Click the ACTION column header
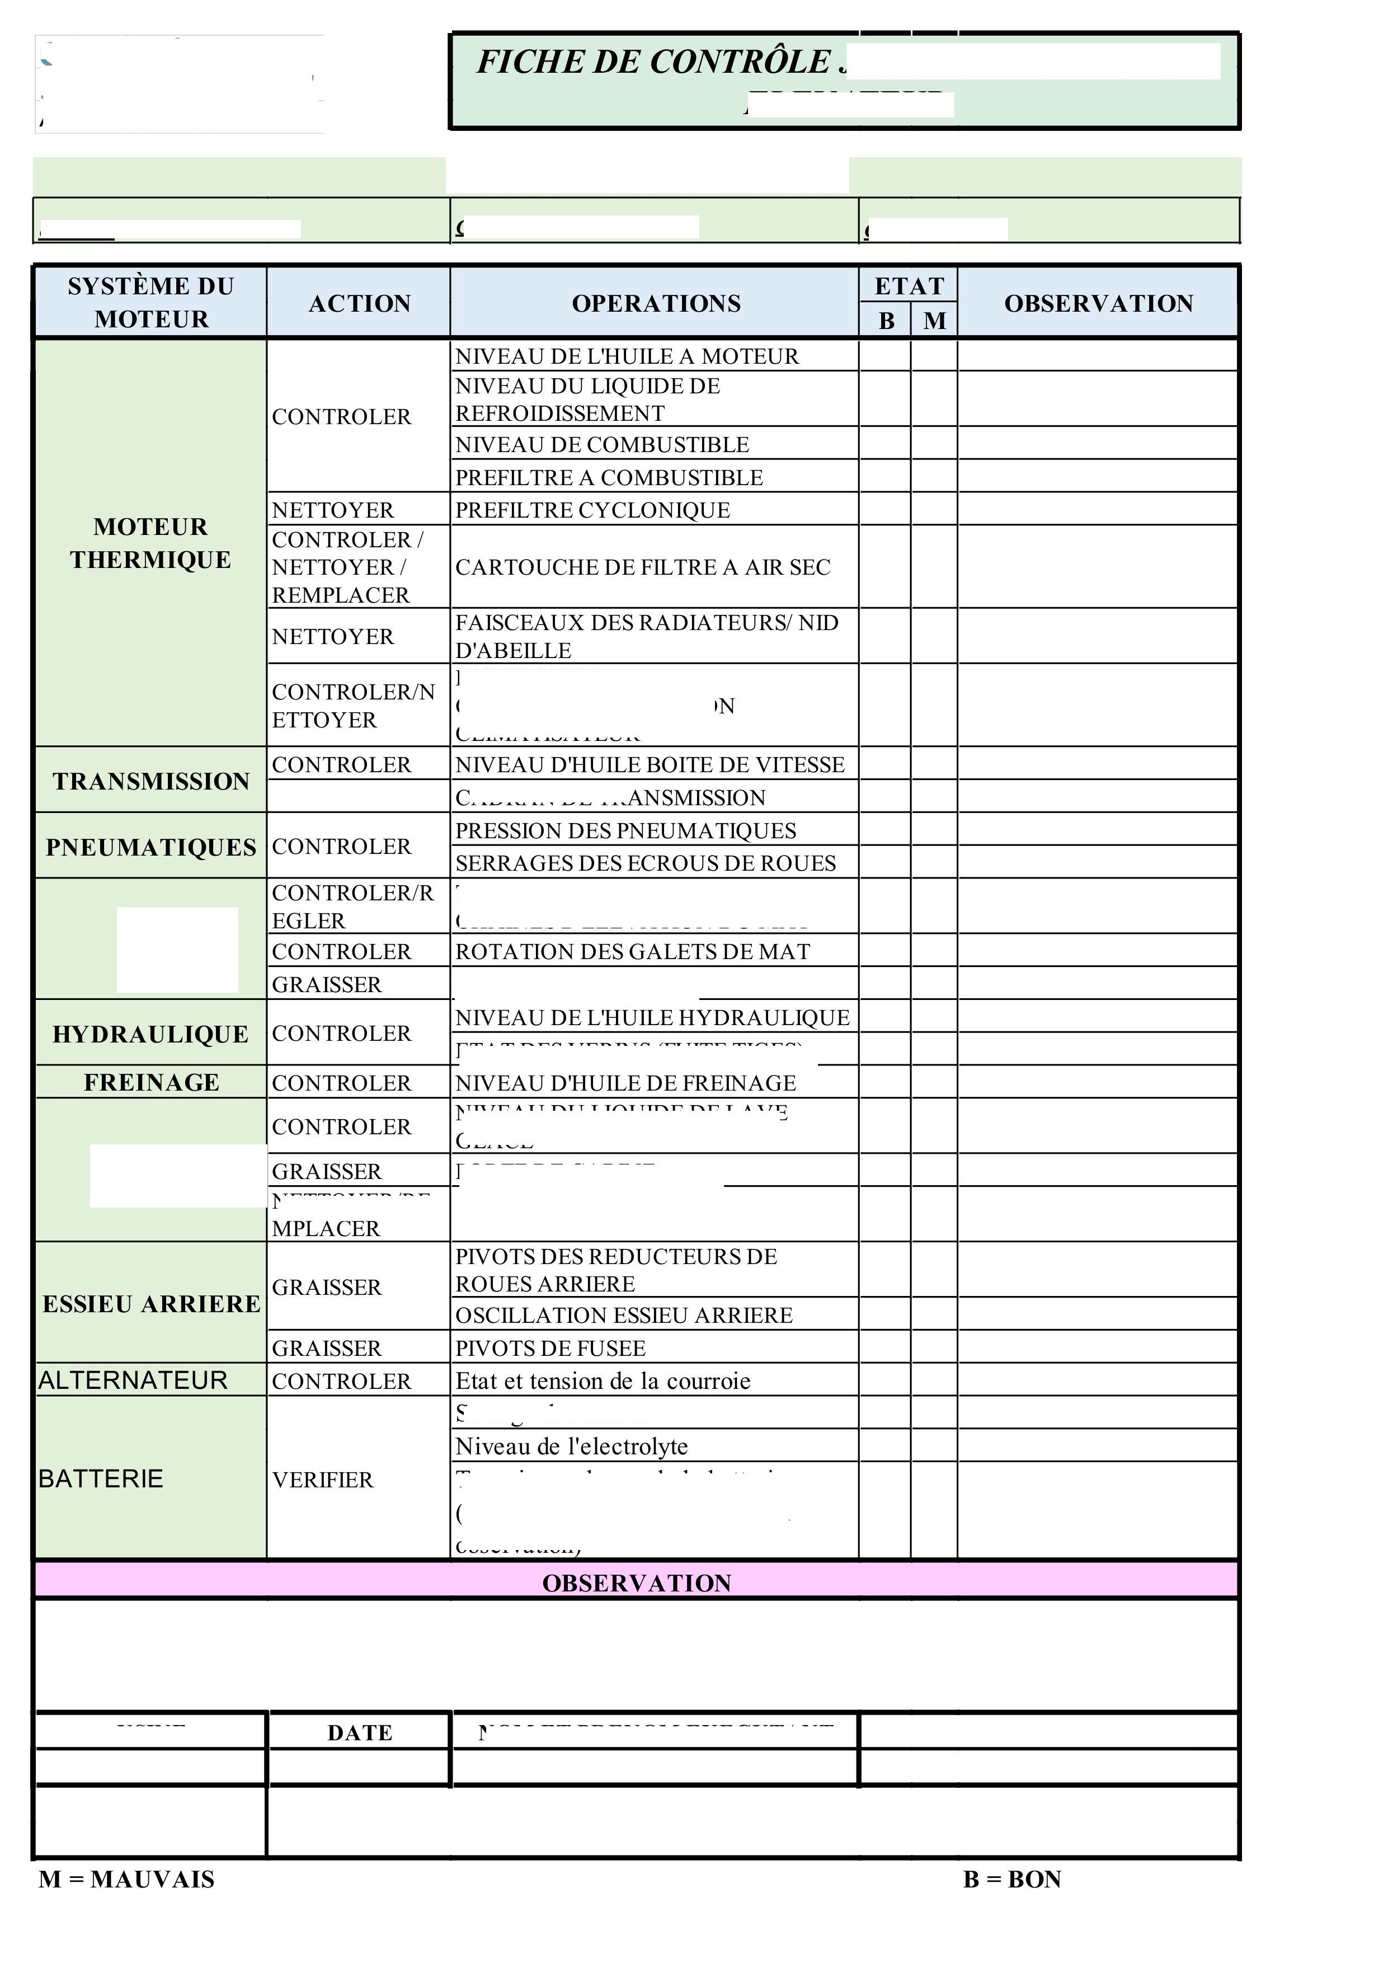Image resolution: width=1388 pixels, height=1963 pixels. click(x=359, y=303)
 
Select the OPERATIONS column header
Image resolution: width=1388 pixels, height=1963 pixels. click(x=656, y=303)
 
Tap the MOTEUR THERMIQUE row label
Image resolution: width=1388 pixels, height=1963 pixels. click(x=150, y=543)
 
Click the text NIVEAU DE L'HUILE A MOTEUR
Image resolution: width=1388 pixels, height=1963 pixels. click(x=627, y=356)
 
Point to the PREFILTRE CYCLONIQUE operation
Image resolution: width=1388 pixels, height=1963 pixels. click(x=592, y=510)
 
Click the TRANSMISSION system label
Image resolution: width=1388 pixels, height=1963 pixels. click(x=150, y=781)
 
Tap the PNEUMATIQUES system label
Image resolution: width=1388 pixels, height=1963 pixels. click(x=150, y=847)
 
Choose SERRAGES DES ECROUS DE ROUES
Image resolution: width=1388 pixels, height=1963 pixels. click(x=645, y=863)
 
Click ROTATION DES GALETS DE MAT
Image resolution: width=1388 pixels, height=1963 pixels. click(x=633, y=952)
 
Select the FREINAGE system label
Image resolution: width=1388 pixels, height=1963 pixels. click(x=151, y=1082)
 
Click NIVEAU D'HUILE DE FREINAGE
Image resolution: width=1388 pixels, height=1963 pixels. click(x=625, y=1083)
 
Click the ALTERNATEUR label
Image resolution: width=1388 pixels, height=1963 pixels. click(x=133, y=1381)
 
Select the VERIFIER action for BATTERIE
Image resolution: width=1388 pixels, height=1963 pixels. click(x=322, y=1480)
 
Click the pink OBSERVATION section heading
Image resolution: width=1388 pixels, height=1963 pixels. click(x=637, y=1584)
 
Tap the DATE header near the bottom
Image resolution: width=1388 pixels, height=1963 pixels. click(x=360, y=1733)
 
